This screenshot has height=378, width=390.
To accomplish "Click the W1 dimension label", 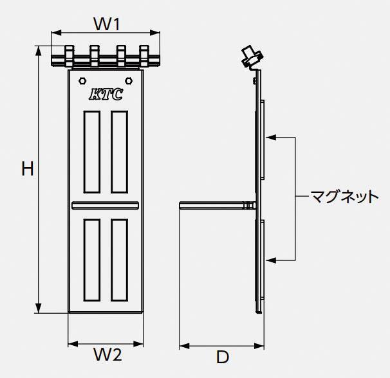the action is pos(107,24).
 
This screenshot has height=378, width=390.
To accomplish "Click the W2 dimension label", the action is pos(107,354).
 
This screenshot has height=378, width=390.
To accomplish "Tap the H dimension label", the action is pos(28,168).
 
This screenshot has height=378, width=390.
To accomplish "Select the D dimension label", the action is pos(222,357).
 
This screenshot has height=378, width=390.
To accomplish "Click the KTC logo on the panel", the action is pos(106,94).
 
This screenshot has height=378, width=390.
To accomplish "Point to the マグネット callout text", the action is pos(345,197).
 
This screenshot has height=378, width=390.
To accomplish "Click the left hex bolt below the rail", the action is pos(82,81).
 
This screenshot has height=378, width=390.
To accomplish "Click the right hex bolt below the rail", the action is pos(128,81).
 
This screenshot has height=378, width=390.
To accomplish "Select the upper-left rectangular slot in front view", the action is pos(92,152).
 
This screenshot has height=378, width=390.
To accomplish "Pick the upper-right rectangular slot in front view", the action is pos(120,152).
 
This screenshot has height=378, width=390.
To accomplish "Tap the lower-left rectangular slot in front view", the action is pos(92,260).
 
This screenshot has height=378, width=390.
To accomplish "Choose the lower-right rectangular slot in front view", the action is pos(120,260).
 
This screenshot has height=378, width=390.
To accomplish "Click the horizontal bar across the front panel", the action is pos(105,206).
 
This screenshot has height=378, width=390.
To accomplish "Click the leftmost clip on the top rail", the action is pos(69,56).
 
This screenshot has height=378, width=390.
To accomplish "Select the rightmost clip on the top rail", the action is pos(144,56).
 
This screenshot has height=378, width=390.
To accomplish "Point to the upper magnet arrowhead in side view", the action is pos(271,137).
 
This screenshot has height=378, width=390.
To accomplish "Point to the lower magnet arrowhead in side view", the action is pos(271,260).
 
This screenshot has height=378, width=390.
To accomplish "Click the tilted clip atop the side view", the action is pos(252,57).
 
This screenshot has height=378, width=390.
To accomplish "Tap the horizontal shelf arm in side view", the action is pos(218,206).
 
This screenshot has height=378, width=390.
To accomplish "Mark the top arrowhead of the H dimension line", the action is pos(39,51).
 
